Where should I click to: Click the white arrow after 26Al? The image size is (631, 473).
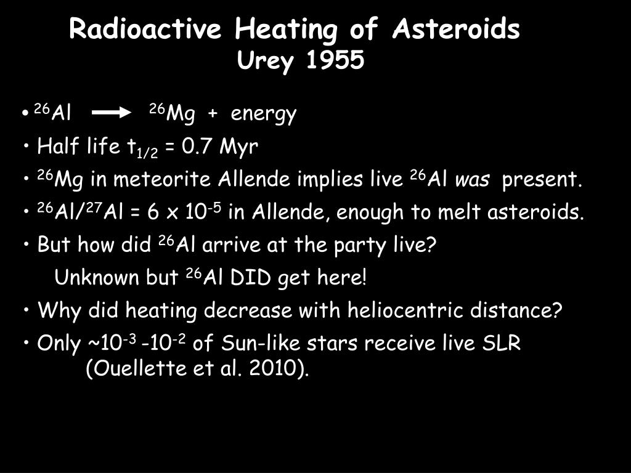click(113, 114)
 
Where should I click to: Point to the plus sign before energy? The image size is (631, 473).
click(213, 115)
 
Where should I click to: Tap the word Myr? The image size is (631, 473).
click(239, 148)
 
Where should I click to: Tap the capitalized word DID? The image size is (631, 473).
click(251, 278)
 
